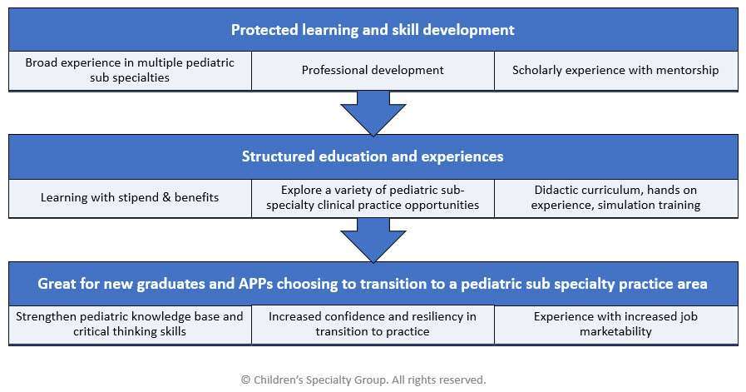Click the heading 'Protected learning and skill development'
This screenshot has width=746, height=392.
click(373, 29)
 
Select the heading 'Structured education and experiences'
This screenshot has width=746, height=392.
click(373, 156)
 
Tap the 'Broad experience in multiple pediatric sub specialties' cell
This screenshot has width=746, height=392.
click(130, 70)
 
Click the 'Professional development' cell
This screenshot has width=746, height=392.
click(373, 70)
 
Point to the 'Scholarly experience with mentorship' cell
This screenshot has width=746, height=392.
click(615, 70)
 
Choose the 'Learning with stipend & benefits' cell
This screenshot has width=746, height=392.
click(130, 198)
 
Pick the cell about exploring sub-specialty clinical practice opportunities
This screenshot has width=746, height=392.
click(373, 198)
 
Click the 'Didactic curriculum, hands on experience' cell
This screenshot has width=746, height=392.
click(615, 198)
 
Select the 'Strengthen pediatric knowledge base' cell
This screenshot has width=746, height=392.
click(130, 324)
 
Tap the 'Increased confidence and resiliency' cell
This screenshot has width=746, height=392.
click(373, 324)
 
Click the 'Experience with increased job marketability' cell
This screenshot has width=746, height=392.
click(615, 324)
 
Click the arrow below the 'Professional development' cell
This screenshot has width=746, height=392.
click(373, 113)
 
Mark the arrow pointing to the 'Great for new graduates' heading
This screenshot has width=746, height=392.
click(373, 240)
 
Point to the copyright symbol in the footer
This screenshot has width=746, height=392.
click(245, 380)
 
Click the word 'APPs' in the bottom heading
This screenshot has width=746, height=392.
click(255, 284)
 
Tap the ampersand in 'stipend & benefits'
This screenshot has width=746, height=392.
click(166, 197)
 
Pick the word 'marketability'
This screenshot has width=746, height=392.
click(615, 331)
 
